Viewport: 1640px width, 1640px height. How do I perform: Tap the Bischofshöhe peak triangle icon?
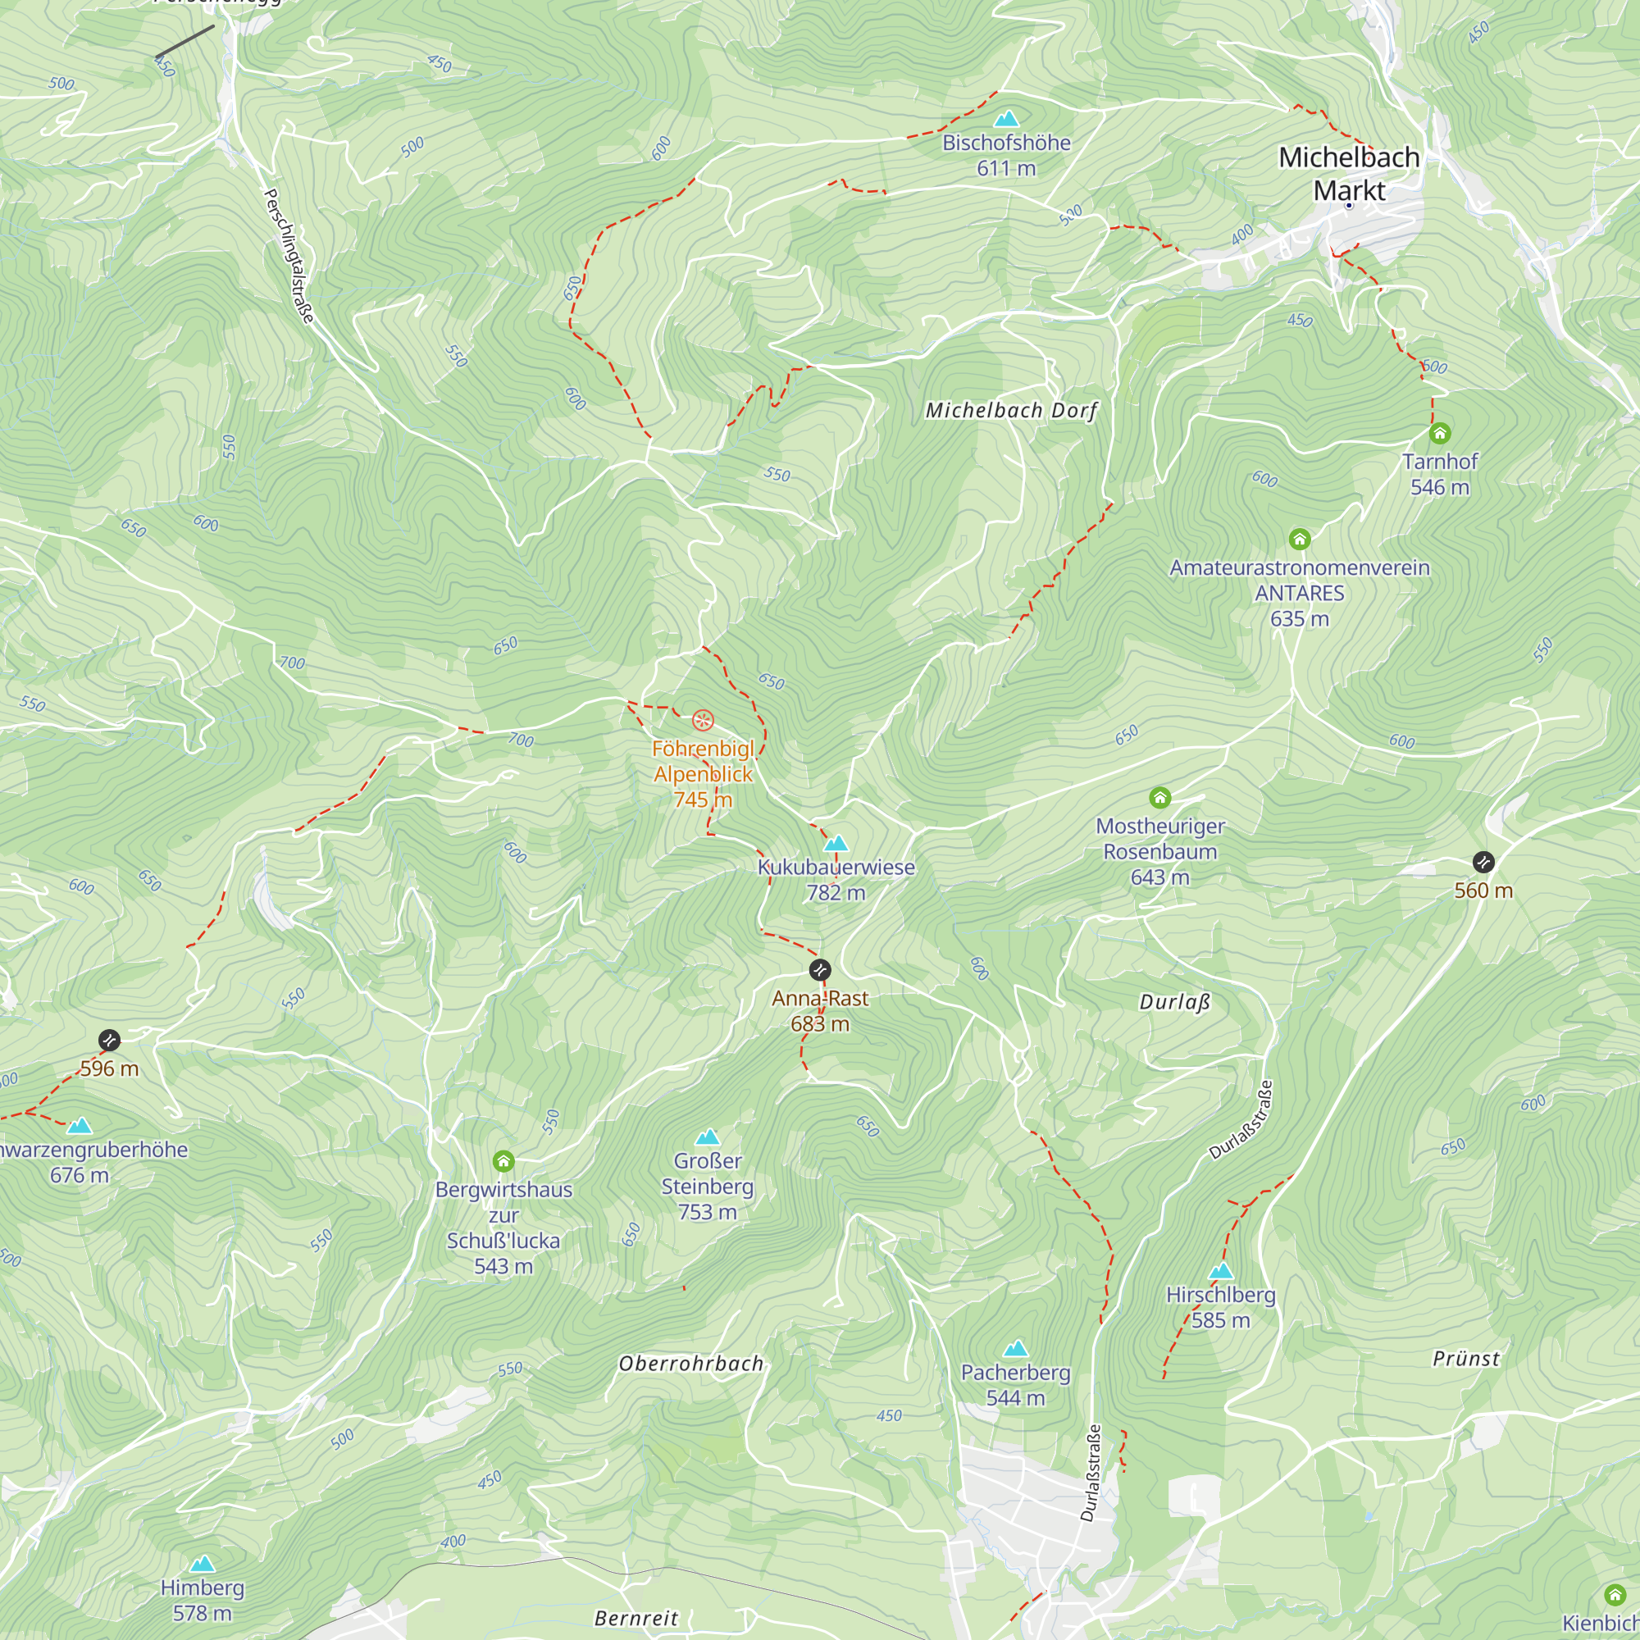coord(1006,119)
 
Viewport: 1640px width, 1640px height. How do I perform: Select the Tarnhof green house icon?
coord(1440,434)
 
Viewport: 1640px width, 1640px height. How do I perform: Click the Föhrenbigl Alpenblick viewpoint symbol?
coord(703,721)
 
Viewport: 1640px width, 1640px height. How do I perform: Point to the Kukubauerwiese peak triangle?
coord(836,843)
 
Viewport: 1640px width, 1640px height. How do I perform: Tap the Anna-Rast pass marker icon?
coord(820,969)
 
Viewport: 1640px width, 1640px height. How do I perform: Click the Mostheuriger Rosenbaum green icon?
coord(1159,798)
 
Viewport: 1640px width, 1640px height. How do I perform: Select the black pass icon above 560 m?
coord(1483,863)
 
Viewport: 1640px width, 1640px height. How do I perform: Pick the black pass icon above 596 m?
coord(110,1040)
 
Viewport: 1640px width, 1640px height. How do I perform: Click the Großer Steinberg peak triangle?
coord(707,1137)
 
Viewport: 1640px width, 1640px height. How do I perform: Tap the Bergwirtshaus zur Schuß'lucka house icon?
coord(503,1161)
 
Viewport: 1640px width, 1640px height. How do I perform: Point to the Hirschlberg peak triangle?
coord(1221,1271)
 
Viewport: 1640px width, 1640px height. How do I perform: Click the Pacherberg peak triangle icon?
coord(1015,1349)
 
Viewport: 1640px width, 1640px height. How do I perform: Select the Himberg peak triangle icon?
coord(202,1564)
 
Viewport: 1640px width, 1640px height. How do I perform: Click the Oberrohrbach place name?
coord(691,1364)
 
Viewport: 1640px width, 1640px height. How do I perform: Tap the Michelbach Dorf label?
coord(1011,411)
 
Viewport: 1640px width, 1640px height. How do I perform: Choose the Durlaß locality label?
coord(1174,1002)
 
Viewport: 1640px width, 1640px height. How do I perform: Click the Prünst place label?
coord(1466,1359)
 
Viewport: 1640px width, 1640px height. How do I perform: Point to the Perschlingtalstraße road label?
coord(289,256)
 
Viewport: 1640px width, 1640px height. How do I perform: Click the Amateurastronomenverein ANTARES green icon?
coord(1300,539)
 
